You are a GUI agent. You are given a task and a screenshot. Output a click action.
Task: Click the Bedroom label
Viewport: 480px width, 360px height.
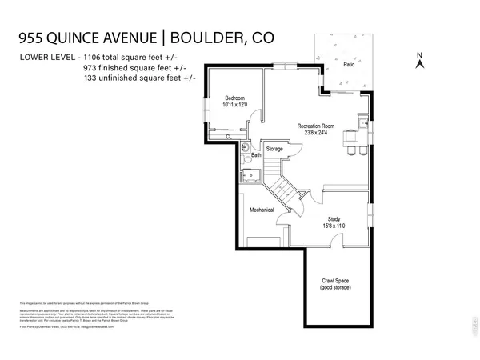[x=234, y=98]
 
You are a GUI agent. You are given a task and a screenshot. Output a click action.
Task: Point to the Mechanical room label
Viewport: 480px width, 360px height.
[x=262, y=210]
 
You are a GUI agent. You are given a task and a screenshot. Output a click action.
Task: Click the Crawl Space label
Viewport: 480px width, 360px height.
[x=337, y=281]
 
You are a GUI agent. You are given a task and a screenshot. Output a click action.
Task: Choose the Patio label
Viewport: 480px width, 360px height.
[x=349, y=65]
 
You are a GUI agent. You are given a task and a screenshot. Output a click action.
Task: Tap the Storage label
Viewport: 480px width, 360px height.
[x=274, y=150]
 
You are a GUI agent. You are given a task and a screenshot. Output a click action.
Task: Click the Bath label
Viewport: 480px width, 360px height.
[x=257, y=155]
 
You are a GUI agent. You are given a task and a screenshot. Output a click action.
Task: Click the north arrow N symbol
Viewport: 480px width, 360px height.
[x=419, y=57]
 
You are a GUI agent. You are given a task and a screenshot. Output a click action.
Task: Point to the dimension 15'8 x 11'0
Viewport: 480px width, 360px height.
[x=335, y=226]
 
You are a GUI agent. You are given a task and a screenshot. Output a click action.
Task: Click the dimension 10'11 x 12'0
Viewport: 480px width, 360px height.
[x=235, y=105]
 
